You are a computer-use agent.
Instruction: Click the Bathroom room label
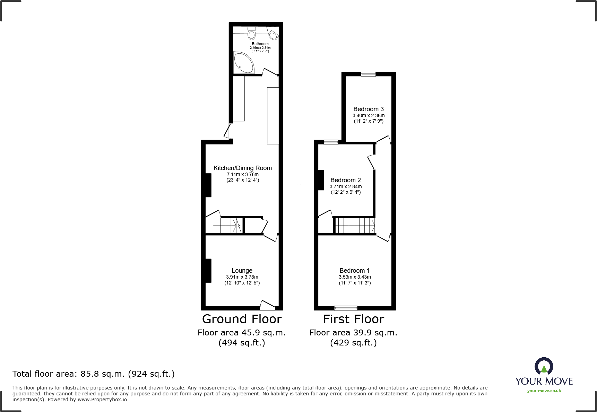[260, 44]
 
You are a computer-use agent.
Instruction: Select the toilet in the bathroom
[252, 34]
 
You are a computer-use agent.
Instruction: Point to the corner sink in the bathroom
[274, 35]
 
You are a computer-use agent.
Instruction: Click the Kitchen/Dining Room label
[242, 168]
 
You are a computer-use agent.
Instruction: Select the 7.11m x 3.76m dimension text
[242, 174]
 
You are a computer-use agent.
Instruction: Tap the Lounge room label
[242, 271]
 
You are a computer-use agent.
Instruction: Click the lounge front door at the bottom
[267, 305]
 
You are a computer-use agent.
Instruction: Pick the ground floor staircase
[231, 226]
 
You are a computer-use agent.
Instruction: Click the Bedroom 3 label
[368, 109]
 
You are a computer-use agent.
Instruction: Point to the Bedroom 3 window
[368, 74]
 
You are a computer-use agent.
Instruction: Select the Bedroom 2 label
[345, 180]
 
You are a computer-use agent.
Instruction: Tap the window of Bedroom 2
[331, 142]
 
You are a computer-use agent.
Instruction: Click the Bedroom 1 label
[354, 271]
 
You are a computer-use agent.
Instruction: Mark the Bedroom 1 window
[346, 308]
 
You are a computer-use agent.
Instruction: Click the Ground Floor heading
[242, 319]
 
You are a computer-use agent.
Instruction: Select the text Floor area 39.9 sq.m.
[353, 333]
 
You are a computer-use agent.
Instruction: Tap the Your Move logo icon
[544, 366]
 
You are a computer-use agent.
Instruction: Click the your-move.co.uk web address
[544, 391]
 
